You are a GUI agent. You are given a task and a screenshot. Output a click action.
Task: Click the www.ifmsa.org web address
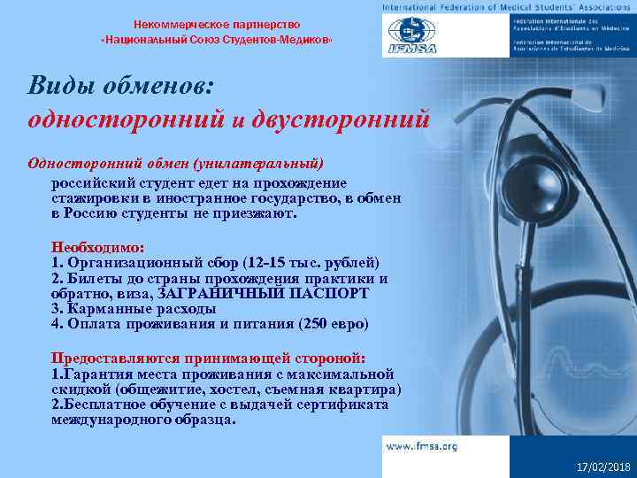(x=421, y=446)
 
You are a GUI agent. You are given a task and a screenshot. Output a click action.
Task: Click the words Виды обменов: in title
(x=120, y=85)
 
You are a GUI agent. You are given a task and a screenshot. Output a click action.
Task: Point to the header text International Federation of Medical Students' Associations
(x=506, y=7)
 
